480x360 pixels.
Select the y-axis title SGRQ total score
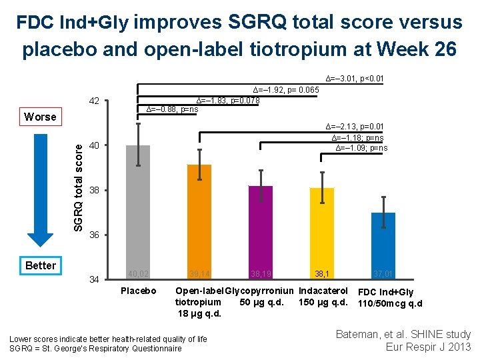click(x=78, y=180)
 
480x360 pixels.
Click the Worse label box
click(x=40, y=117)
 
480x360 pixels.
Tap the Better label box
click(x=40, y=265)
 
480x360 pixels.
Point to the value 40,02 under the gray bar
click(x=138, y=273)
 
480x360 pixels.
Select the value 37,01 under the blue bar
click(x=383, y=273)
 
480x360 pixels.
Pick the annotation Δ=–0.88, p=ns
click(x=172, y=109)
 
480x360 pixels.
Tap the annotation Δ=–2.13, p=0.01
click(x=354, y=127)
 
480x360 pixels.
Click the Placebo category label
click(x=138, y=291)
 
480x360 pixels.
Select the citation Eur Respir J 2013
click(x=428, y=347)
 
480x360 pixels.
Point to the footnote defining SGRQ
click(x=95, y=349)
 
